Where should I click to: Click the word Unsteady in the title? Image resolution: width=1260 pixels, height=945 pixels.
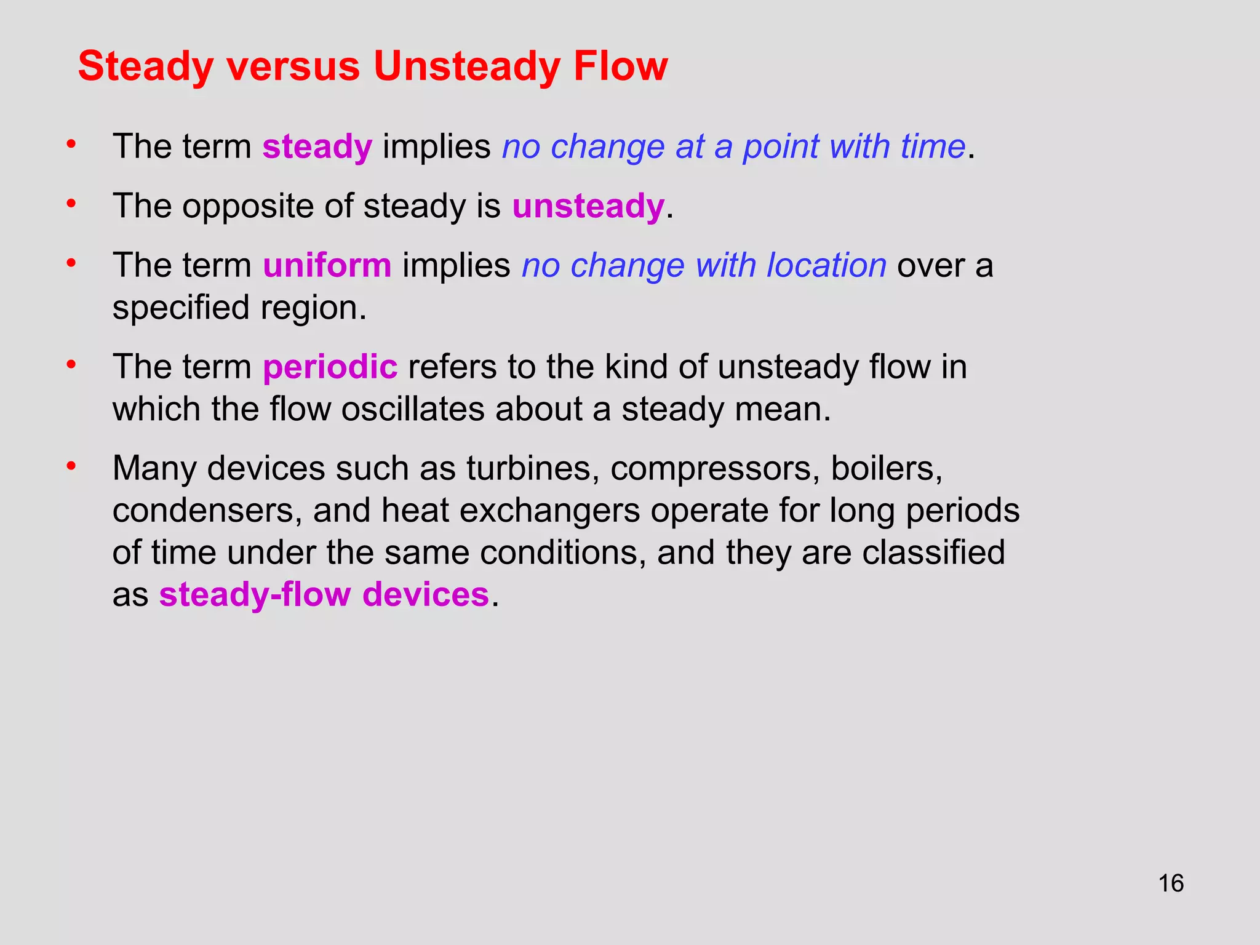(x=467, y=66)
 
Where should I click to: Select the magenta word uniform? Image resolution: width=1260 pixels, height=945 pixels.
(x=327, y=266)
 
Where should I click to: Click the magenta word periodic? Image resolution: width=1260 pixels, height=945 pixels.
(x=330, y=367)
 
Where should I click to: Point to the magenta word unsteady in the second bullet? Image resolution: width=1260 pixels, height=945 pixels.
(x=588, y=206)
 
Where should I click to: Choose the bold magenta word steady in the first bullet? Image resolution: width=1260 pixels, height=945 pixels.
(x=317, y=148)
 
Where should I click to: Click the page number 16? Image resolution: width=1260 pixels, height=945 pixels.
(x=1171, y=883)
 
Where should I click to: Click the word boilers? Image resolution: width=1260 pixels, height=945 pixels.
(x=887, y=469)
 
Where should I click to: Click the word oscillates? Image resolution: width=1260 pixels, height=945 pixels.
(x=413, y=410)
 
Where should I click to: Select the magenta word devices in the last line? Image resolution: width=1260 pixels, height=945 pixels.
(x=425, y=596)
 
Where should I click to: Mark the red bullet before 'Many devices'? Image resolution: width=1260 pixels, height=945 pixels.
(x=71, y=466)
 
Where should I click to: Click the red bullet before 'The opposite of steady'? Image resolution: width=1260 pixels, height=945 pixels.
(x=71, y=203)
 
